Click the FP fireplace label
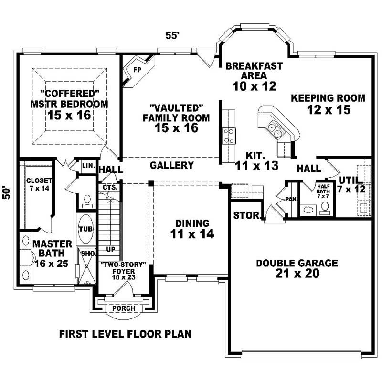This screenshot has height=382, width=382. click(137, 70)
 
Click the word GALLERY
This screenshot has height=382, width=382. click(171, 166)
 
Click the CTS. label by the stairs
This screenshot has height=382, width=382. click(107, 188)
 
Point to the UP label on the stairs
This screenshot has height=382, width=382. click(110, 250)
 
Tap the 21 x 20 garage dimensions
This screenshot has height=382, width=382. click(297, 274)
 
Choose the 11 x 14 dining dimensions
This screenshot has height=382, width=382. click(191, 234)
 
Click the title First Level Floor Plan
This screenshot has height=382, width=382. click(125, 334)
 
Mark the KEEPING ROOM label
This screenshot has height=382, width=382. click(328, 98)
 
